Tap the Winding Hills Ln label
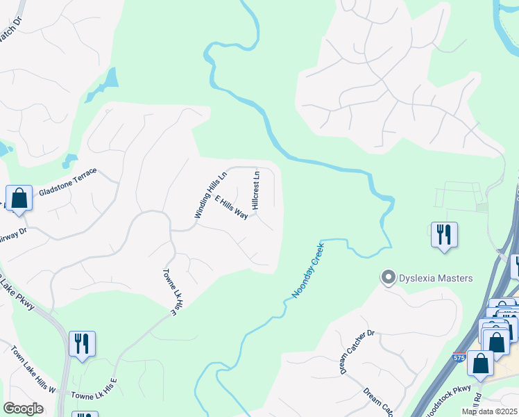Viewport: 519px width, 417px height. pyautogui.click(x=211, y=196)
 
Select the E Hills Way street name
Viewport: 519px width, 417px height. pyautogui.click(x=231, y=207)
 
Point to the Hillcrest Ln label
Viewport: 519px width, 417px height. pyautogui.click(x=256, y=190)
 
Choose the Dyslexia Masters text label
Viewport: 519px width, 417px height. pyautogui.click(x=436, y=279)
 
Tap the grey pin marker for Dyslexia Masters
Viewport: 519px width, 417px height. pyautogui.click(x=389, y=278)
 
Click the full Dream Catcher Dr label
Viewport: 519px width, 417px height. pyautogui.click(x=357, y=352)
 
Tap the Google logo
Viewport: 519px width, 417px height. pyautogui.click(x=23, y=408)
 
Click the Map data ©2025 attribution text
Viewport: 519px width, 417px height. pyautogui.click(x=489, y=411)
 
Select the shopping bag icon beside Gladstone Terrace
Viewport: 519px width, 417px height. pyautogui.click(x=19, y=197)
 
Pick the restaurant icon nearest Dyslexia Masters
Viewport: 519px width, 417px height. pyautogui.click(x=443, y=234)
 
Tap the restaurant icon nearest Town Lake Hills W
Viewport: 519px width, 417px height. pyautogui.click(x=82, y=343)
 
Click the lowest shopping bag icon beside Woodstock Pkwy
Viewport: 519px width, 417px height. pyautogui.click(x=480, y=363)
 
